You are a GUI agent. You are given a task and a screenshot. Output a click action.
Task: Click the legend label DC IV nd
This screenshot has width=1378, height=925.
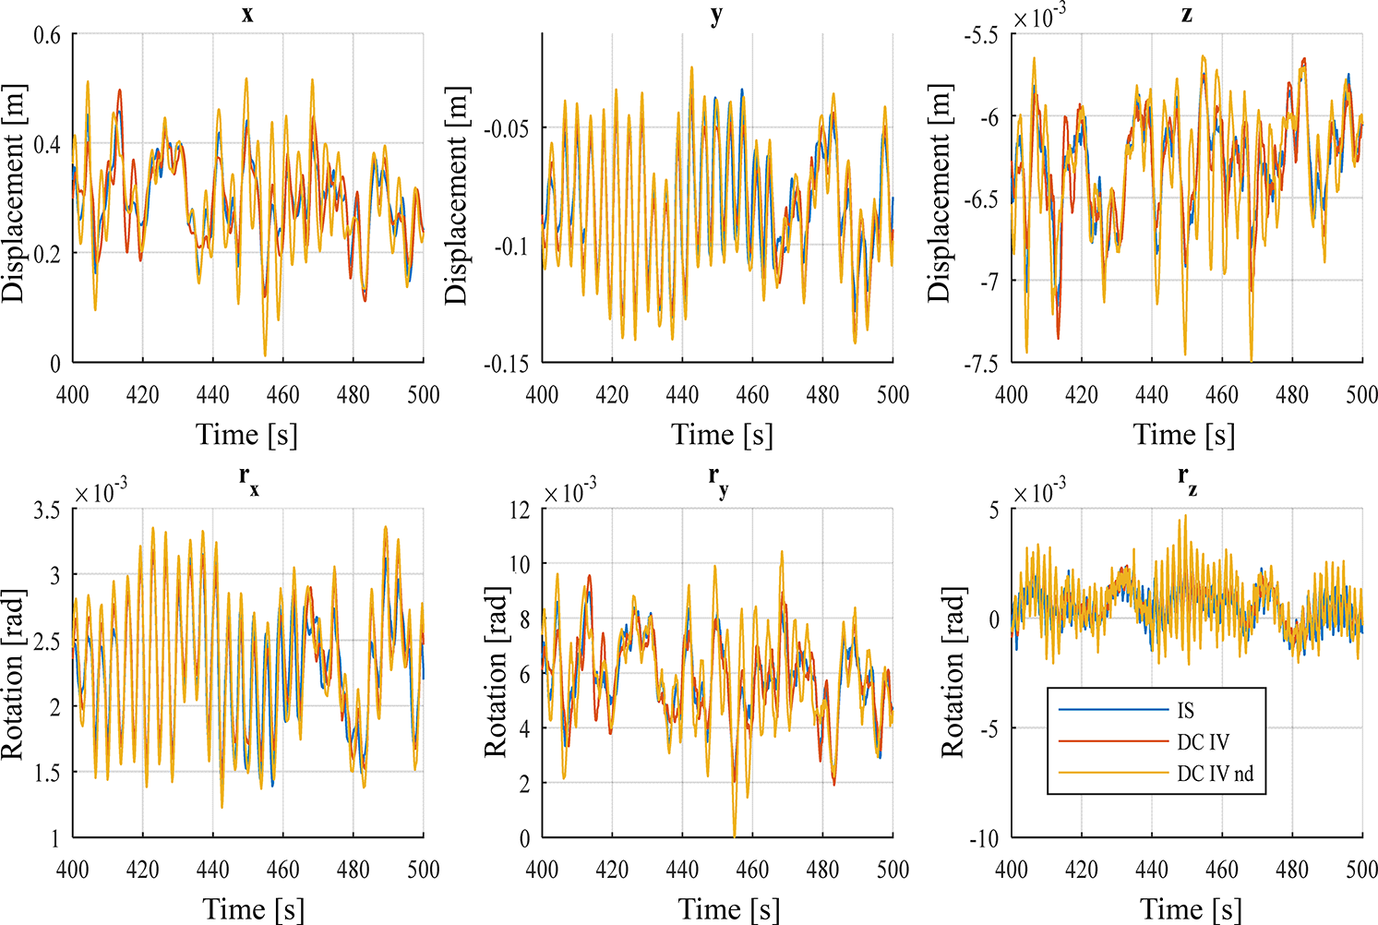click(1215, 774)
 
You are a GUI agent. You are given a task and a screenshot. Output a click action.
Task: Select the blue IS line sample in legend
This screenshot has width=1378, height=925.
click(1113, 710)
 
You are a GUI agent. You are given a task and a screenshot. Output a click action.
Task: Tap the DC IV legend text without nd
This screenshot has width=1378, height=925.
click(1203, 742)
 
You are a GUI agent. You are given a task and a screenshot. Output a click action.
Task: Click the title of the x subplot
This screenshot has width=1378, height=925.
click(247, 14)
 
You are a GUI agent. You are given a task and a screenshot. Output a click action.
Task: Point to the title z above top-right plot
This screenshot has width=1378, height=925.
click(1187, 14)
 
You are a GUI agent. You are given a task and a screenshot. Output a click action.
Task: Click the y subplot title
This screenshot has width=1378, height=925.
click(717, 14)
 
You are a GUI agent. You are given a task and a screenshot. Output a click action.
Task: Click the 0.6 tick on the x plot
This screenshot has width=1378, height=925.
click(47, 35)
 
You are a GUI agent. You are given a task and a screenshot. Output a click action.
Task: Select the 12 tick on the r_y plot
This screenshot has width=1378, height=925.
click(519, 510)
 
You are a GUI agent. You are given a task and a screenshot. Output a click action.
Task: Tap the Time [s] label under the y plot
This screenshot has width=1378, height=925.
click(722, 435)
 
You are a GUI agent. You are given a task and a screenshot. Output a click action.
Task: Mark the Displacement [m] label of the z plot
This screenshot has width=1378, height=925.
click(939, 195)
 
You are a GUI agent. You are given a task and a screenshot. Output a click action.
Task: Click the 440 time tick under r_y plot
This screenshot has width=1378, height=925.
click(682, 870)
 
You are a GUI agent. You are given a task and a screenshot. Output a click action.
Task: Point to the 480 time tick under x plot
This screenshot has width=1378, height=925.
click(353, 395)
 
